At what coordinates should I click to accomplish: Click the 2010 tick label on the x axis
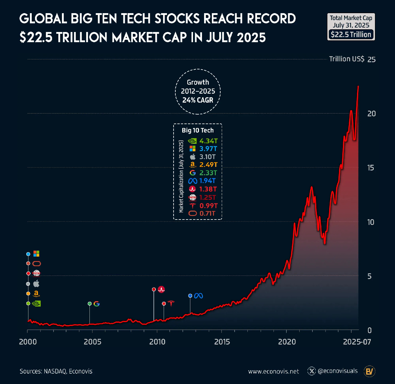click(157, 342)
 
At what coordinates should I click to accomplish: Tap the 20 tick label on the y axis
click(371, 114)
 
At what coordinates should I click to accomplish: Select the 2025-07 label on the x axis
click(357, 342)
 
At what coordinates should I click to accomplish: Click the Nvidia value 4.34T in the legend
click(208, 141)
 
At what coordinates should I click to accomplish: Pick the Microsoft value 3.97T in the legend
click(208, 149)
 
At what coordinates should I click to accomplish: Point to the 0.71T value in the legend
click(207, 214)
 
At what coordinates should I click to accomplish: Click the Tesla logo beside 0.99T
click(192, 205)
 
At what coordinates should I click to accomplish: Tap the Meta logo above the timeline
click(198, 296)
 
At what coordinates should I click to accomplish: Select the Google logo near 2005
click(96, 304)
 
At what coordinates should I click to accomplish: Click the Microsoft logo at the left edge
click(36, 254)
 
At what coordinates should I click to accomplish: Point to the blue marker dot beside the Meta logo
click(190, 296)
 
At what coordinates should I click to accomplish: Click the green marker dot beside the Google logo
click(89, 304)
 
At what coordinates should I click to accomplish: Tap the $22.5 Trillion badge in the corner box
click(351, 34)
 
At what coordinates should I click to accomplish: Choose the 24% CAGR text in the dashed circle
click(198, 100)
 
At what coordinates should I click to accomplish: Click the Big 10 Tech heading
click(197, 130)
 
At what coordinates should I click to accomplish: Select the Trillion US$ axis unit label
click(347, 59)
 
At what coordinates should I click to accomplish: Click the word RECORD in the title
click(271, 19)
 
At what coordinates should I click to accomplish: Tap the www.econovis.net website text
click(273, 371)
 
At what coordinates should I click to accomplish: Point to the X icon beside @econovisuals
click(312, 371)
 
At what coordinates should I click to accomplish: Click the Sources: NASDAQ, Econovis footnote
click(56, 371)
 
